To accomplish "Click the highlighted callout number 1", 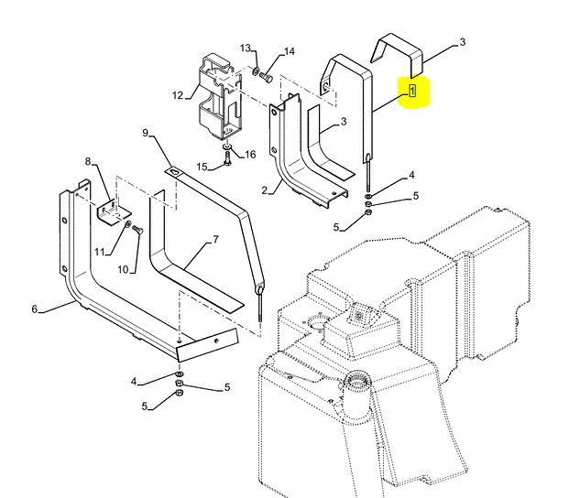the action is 412,91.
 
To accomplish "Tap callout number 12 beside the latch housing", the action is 178,95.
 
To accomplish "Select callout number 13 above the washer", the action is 246,48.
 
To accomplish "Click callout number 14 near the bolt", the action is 290,51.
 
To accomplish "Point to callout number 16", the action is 250,155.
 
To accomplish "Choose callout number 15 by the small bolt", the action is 202,167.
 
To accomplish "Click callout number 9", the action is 145,133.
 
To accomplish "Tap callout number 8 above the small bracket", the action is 88,161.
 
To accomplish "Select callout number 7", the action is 215,239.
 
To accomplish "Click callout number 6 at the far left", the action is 35,309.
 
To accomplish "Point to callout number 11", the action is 100,252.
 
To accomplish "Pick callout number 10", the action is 123,269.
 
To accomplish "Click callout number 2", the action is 265,189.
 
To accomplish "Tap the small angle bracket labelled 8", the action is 114,214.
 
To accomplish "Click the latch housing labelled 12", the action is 220,97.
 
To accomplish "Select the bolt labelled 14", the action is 267,78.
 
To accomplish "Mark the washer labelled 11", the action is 127,225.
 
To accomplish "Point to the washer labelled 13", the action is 257,70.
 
